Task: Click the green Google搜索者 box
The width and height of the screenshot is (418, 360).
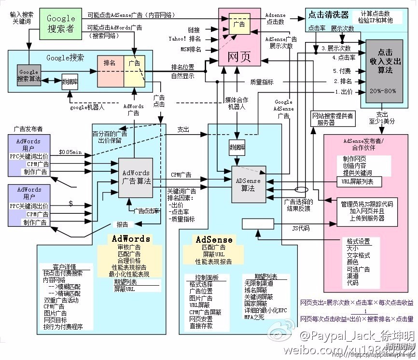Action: [61, 23]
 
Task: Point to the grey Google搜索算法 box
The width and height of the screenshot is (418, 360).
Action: [28, 74]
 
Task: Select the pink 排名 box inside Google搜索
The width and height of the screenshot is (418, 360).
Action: [110, 63]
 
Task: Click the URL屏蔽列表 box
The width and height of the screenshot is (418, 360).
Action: [358, 182]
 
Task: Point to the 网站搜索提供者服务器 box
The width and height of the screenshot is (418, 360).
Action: [332, 119]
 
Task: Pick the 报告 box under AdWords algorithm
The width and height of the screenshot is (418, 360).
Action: [122, 224]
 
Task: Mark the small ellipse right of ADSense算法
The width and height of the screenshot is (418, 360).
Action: [301, 190]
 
